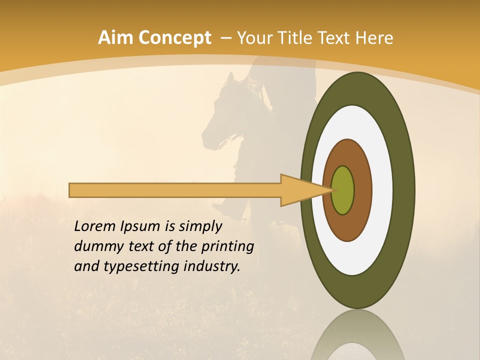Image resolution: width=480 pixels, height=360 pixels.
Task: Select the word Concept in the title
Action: click(x=175, y=38)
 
